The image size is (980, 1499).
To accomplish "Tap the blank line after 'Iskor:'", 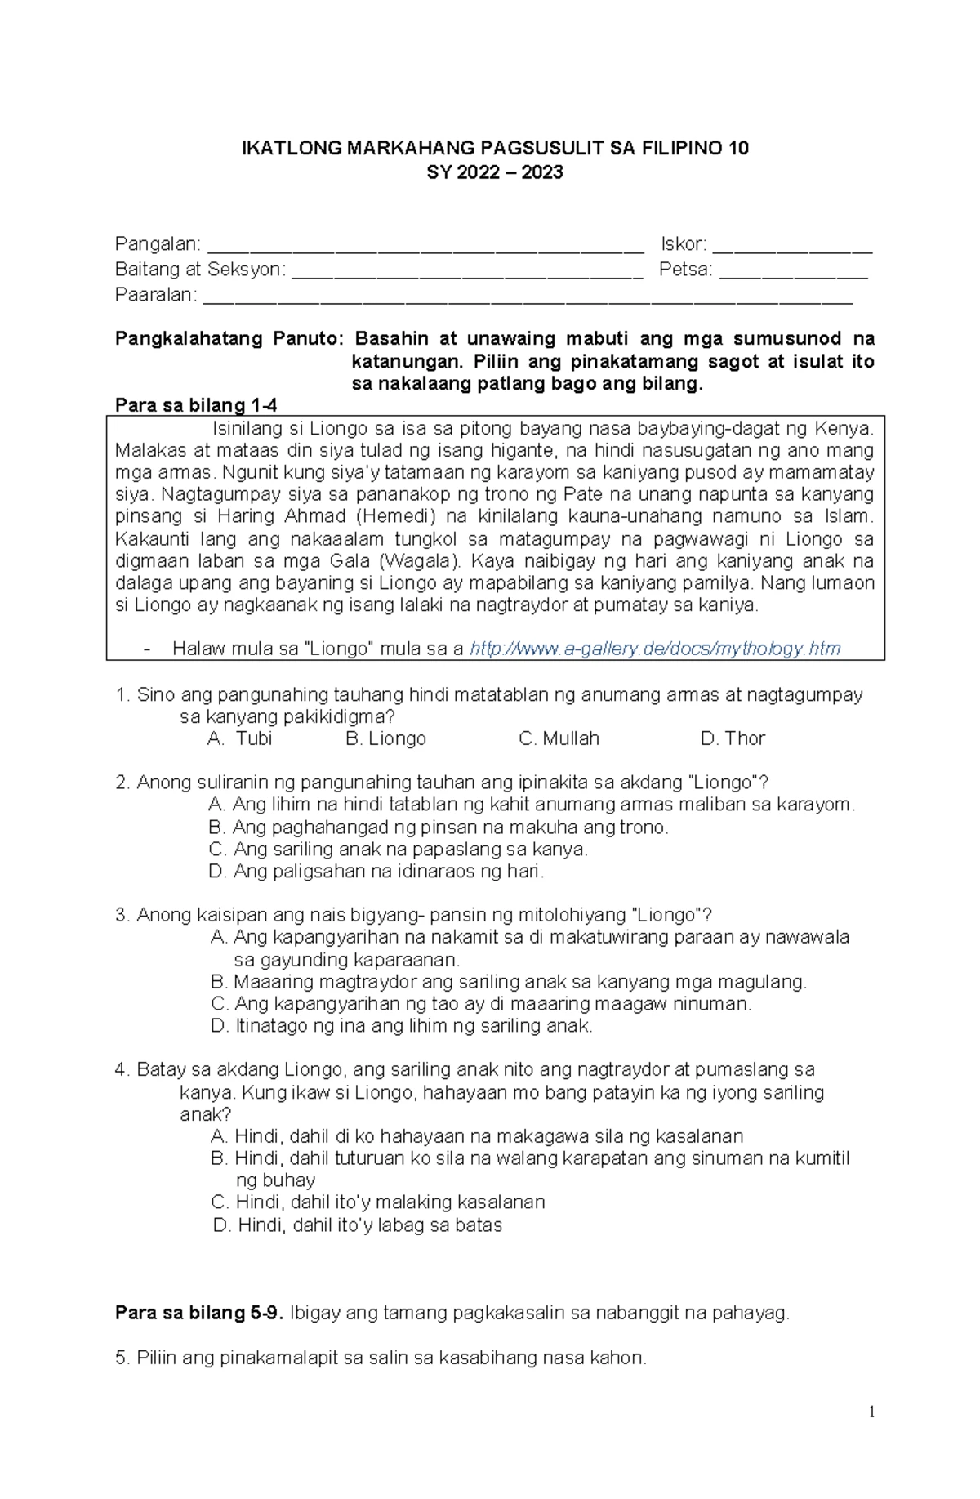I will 791,245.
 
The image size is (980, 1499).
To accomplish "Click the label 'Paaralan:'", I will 156,295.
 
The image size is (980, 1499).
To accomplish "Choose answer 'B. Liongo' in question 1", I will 385,738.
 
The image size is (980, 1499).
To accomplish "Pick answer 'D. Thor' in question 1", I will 733,738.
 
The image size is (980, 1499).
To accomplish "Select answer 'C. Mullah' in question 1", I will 559,738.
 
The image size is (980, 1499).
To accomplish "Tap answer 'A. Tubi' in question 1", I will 239,738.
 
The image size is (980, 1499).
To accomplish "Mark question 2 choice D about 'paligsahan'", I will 376,872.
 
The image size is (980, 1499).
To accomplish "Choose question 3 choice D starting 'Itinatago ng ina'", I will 401,1026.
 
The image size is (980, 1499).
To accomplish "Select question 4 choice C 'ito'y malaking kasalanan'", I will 377,1202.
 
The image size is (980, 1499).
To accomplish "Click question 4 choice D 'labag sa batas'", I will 357,1225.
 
